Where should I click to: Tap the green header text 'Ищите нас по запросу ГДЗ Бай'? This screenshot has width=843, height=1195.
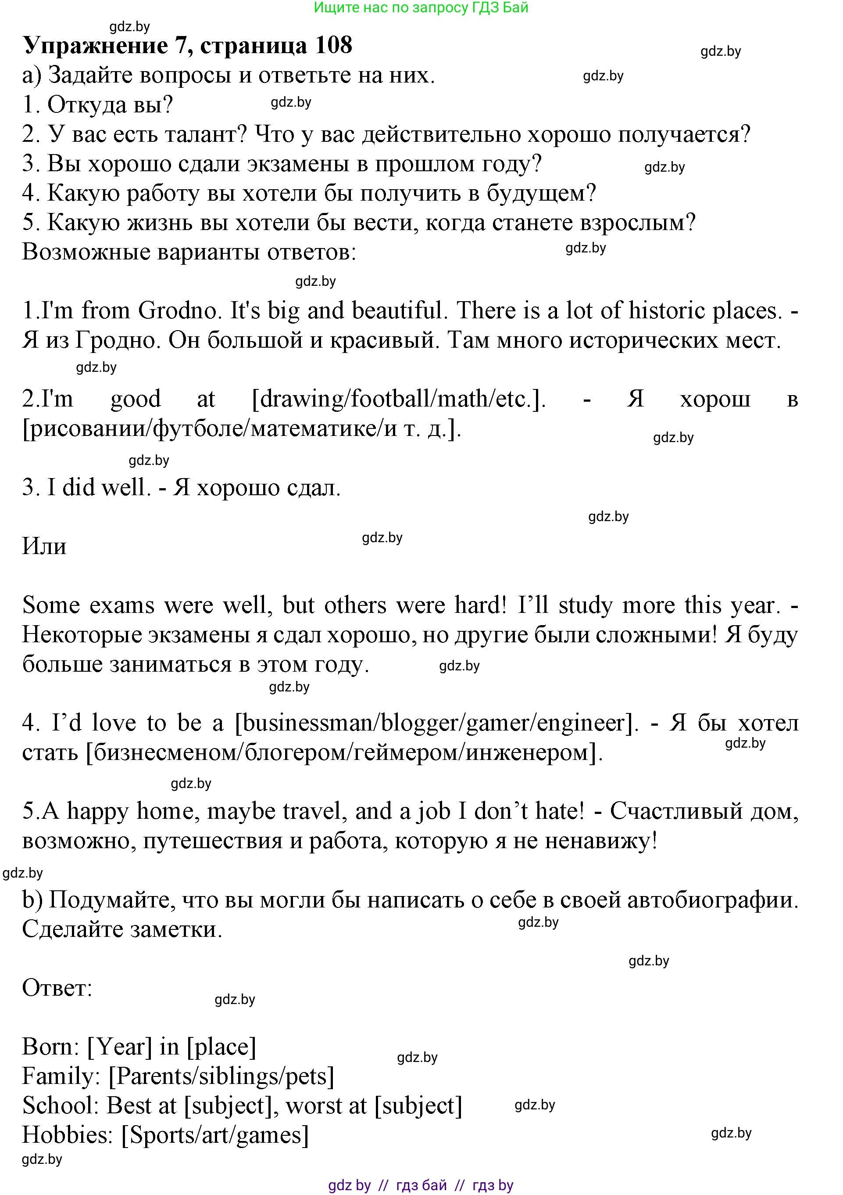pyautogui.click(x=421, y=8)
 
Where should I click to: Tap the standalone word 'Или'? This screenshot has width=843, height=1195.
pyautogui.click(x=44, y=547)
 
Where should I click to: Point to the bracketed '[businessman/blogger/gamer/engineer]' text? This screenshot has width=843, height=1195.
pyautogui.click(x=437, y=723)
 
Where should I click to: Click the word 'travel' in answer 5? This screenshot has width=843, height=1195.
pyautogui.click(x=318, y=811)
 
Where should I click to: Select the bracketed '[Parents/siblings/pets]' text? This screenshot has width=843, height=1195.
pyautogui.click(x=221, y=1076)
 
